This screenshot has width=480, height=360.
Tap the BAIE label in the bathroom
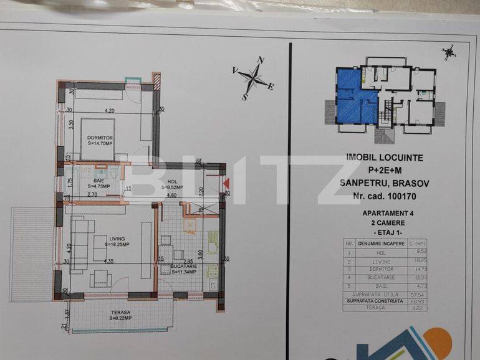99,181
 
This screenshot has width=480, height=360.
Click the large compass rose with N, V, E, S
254,78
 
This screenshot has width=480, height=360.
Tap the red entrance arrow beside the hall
226,182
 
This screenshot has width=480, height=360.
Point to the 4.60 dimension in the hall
171,196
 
